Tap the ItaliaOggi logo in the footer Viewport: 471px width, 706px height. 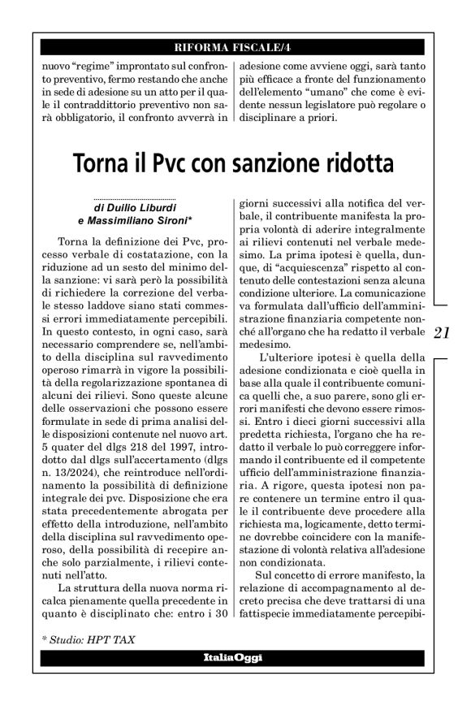(x=235, y=656)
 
